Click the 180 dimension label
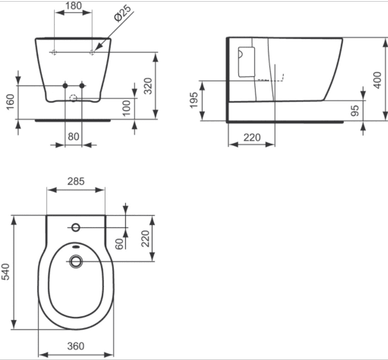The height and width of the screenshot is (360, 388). [74, 6]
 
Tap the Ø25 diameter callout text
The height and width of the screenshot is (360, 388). [123, 13]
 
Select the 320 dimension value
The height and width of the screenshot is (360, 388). [148, 86]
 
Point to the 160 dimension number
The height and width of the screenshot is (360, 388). [10, 101]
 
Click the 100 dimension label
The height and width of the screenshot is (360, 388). [127, 108]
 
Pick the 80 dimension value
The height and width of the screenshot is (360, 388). [74, 136]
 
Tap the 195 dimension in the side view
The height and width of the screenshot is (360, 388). [194, 100]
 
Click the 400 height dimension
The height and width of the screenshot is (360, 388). [378, 80]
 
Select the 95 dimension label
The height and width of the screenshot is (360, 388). [355, 110]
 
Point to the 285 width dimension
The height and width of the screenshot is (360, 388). [76, 181]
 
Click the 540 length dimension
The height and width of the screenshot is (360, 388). [6, 272]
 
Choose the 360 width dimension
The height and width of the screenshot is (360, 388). [76, 346]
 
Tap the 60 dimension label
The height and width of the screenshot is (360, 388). [119, 244]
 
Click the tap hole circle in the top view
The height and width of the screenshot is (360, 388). [76, 228]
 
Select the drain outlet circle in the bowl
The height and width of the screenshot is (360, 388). [76, 262]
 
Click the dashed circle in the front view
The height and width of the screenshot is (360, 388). [73, 98]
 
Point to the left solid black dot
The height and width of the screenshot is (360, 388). [65, 85]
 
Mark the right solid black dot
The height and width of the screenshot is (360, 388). [82, 85]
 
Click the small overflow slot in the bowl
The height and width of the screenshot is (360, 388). [76, 246]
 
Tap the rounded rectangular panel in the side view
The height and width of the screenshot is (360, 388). [247, 62]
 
